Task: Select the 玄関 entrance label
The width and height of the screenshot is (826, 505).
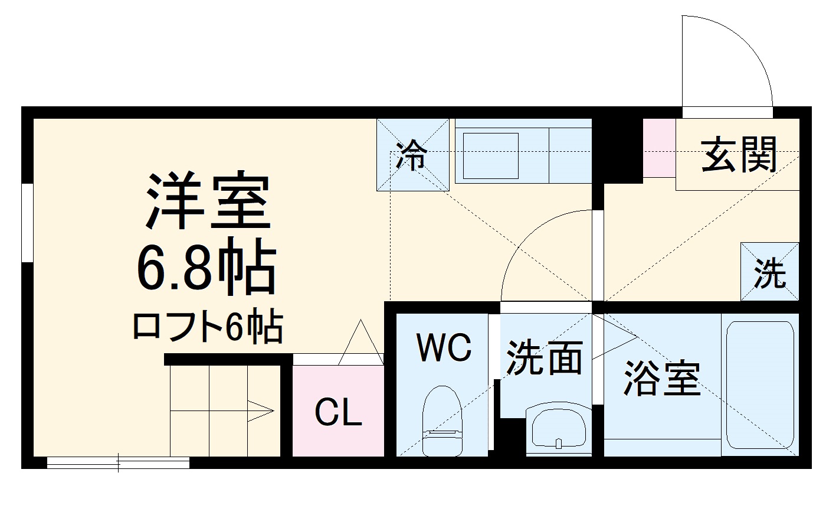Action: tap(739, 154)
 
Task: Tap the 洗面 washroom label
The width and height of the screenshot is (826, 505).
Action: tap(545, 357)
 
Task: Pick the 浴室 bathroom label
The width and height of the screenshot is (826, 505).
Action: tap(662, 377)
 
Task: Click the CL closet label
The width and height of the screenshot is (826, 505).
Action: tap(337, 412)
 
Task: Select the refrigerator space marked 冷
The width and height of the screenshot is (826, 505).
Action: tap(412, 154)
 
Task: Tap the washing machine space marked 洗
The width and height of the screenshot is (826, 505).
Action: tap(770, 272)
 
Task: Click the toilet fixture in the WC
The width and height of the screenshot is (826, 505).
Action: tap(442, 420)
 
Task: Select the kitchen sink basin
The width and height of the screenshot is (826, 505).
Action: tap(490, 155)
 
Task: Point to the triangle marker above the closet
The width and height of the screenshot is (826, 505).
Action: tap(360, 343)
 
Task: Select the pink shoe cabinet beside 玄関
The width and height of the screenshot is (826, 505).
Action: tap(659, 147)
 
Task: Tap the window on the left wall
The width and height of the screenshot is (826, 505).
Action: tap(27, 222)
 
